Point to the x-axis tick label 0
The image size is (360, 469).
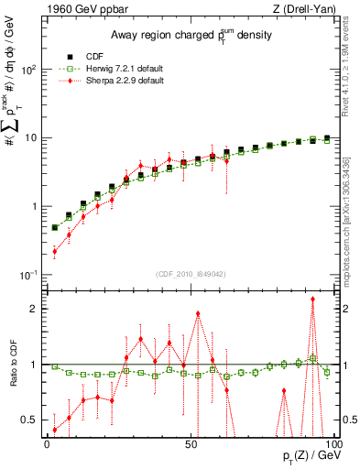pyautogui.click(x=48, y=442)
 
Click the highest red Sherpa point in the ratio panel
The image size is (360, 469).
pyautogui.click(x=313, y=299)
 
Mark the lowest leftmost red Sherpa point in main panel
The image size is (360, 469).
pyautogui.click(x=54, y=251)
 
